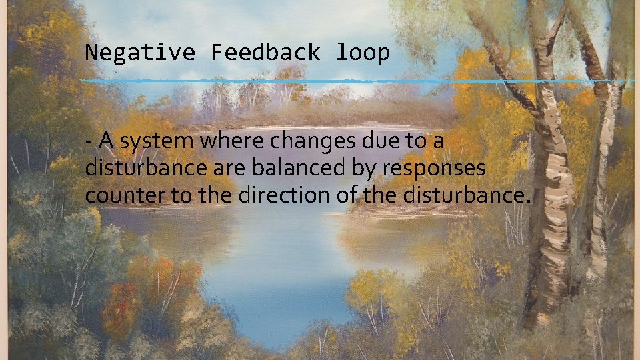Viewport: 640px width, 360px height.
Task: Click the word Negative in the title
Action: click(x=140, y=52)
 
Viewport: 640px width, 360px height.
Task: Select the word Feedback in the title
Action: click(x=265, y=52)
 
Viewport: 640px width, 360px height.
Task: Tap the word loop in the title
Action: click(x=362, y=52)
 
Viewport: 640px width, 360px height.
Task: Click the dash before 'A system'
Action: click(x=89, y=142)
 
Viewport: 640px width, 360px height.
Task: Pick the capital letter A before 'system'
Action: click(x=103, y=141)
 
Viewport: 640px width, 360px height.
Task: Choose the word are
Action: click(x=233, y=169)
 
